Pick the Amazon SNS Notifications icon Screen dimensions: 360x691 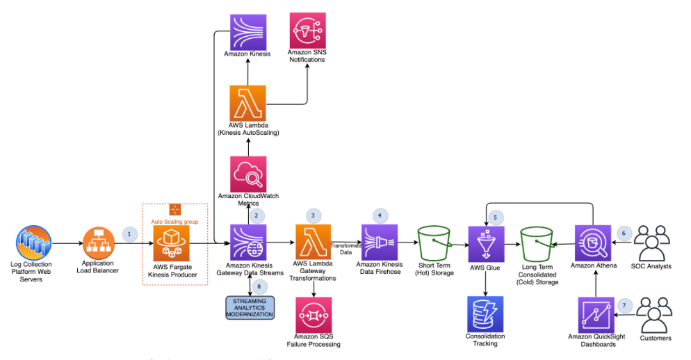307,31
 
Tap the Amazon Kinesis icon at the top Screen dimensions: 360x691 248,31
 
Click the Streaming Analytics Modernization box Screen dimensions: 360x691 250,307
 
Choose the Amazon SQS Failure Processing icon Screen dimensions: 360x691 314,315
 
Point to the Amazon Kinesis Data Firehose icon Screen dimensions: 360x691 380,243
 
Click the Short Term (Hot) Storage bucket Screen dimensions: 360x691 434,243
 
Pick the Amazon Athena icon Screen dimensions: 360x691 593,243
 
